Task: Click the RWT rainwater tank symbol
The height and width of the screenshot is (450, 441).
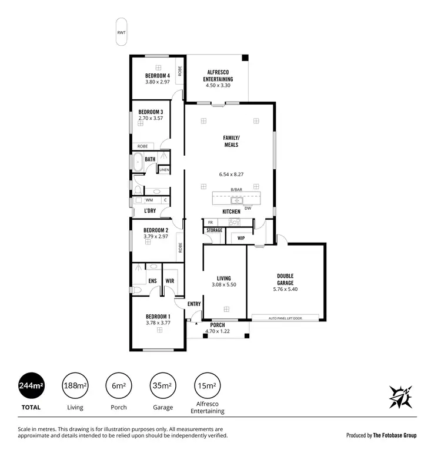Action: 121,33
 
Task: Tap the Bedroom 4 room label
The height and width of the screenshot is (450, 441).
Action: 158,76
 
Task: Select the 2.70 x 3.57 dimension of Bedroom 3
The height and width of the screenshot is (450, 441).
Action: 151,118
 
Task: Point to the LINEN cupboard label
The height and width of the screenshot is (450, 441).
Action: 164,170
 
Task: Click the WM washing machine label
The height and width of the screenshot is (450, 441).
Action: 149,200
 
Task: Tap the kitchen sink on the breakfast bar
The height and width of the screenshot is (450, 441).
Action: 232,200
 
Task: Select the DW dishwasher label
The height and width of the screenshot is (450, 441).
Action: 248,207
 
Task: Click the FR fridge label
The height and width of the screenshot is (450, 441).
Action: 210,223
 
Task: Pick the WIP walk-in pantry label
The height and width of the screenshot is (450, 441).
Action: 241,238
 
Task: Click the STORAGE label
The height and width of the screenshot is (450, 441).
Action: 214,230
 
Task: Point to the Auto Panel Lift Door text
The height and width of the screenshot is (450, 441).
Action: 285,318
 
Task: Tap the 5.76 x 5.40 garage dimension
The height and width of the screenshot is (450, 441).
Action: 285,289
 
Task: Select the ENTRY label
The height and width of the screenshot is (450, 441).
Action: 194,304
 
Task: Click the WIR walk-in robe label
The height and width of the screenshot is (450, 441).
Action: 170,281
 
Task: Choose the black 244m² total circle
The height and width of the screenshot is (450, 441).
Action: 32,386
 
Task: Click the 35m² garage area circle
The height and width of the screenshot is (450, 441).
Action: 163,386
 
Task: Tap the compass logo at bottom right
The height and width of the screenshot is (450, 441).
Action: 400,398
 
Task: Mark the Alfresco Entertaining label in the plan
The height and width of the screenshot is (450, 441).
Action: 218,76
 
